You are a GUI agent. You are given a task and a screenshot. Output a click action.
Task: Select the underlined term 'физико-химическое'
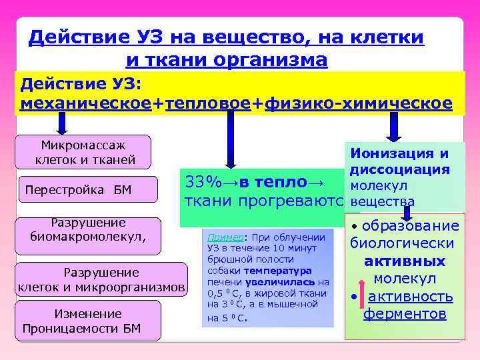point(357,104)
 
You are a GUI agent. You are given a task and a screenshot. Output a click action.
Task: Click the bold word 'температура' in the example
point(278,271)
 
